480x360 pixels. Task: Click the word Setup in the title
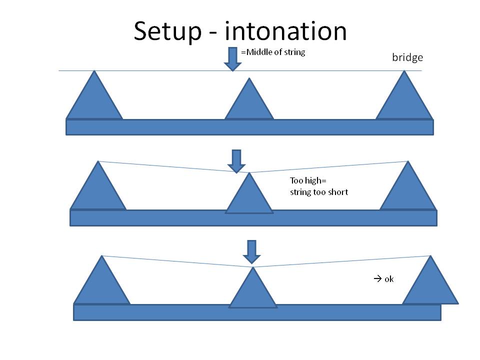[167, 31]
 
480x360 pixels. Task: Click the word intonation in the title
[285, 31]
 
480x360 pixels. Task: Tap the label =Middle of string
[273, 52]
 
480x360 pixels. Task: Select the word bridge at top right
[407, 57]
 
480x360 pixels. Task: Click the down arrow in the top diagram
[232, 58]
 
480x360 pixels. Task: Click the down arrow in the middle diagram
[236, 160]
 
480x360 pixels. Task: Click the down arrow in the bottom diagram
[251, 251]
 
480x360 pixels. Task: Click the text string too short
[318, 191]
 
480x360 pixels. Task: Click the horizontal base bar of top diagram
[249, 127]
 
